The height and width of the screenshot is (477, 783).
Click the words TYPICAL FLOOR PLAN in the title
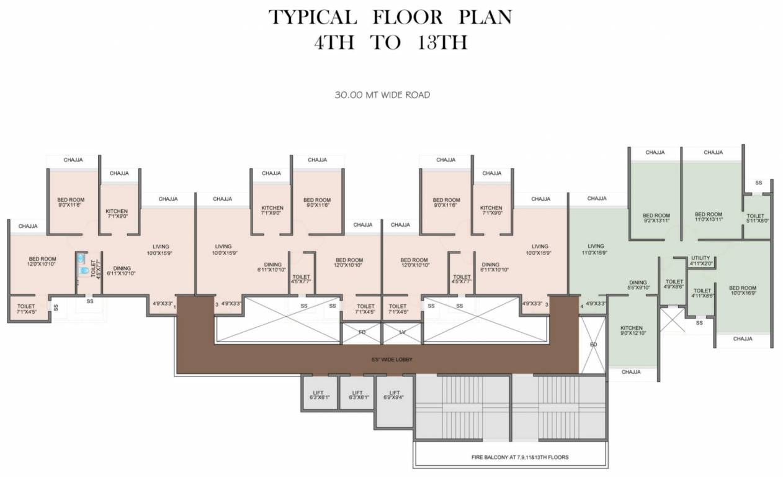[x=391, y=17]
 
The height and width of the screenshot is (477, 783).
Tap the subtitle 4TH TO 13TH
[x=391, y=43]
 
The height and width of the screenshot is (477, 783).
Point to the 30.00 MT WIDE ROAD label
[x=382, y=96]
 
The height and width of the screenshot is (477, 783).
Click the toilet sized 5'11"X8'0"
[x=756, y=217]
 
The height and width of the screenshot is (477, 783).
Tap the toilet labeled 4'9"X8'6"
[x=674, y=284]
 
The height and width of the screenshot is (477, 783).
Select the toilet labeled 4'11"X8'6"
[x=702, y=294]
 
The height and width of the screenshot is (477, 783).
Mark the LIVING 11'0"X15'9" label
[x=596, y=250]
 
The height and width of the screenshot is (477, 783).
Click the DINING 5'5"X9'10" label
[x=638, y=285]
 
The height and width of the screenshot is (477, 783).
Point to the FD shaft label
[x=362, y=333]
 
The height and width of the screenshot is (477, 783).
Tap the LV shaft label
[x=402, y=333]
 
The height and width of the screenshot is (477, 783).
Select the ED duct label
[x=593, y=344]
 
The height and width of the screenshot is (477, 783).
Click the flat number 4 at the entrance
[x=581, y=306]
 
